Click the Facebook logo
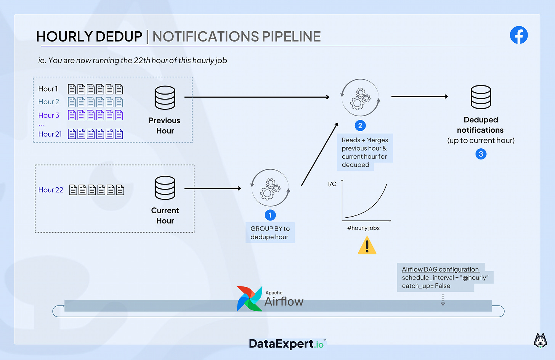click(x=519, y=35)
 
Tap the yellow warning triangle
click(x=367, y=246)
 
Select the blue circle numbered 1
click(x=270, y=215)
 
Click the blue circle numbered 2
click(x=360, y=125)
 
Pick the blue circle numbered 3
click(x=481, y=154)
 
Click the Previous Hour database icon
click(x=165, y=98)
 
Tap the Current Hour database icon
click(x=165, y=188)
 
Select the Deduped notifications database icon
click(x=481, y=97)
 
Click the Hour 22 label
click(x=51, y=190)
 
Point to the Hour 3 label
click(x=49, y=115)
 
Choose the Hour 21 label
click(x=50, y=134)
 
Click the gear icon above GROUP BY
click(x=270, y=188)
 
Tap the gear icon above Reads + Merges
click(x=360, y=98)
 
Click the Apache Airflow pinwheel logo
click(x=250, y=299)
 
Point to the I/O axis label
click(x=332, y=184)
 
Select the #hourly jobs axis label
click(x=363, y=228)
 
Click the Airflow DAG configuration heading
click(x=440, y=269)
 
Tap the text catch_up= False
click(x=426, y=286)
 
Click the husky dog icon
click(x=540, y=340)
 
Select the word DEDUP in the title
click(x=119, y=37)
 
